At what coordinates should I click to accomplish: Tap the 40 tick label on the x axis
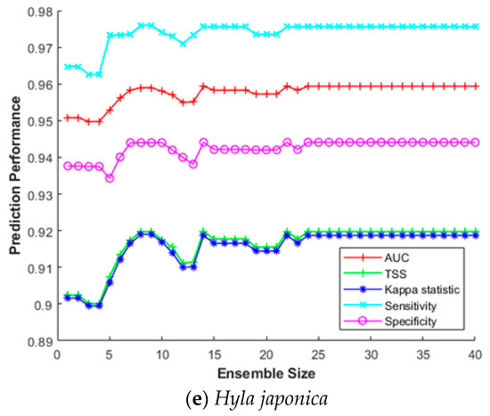click(476, 355)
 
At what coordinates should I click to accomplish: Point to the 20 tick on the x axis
click(266, 355)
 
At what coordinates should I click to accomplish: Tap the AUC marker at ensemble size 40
click(476, 86)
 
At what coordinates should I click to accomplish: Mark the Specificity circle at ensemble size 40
click(476, 142)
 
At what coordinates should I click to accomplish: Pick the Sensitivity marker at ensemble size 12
click(183, 43)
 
